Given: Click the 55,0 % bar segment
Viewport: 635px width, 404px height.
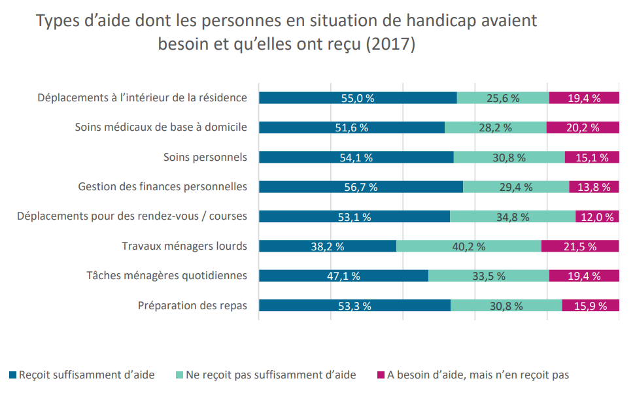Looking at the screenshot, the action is [358, 98].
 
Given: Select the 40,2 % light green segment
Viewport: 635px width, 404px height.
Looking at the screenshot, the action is [469, 246].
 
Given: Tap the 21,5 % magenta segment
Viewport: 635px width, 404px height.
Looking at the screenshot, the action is [580, 246].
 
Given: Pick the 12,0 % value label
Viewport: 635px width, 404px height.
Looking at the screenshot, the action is [597, 217].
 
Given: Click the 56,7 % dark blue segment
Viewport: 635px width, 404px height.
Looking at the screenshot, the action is [361, 186].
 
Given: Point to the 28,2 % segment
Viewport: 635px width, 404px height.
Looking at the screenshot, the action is [496, 127].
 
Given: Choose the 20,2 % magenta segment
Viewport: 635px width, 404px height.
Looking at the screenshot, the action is [583, 127].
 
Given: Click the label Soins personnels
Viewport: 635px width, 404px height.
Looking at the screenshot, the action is [205, 157].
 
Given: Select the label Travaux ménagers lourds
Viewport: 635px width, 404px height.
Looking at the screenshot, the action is [184, 246].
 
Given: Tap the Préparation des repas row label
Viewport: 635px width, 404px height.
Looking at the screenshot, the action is [192, 305].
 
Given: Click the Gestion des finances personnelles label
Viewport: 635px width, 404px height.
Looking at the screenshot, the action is [162, 186].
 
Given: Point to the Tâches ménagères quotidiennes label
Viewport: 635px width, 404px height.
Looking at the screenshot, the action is [167, 276].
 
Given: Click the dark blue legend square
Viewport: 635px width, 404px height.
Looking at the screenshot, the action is [12, 375].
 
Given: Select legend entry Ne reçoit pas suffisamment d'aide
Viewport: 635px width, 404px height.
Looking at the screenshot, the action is [266, 375].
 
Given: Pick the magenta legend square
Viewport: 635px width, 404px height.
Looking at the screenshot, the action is [381, 375].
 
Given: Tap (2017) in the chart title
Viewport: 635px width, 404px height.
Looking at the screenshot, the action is [391, 44].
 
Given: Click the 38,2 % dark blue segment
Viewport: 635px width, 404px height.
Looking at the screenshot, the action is [328, 246].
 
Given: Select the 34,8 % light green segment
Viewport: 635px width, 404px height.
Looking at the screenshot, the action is [513, 216].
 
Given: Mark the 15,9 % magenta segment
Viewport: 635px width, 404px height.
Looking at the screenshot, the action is [591, 305].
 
